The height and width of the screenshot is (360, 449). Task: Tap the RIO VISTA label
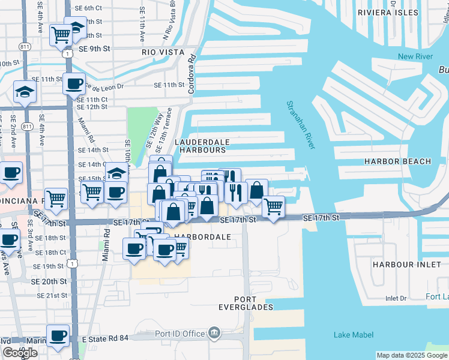pos(161,52)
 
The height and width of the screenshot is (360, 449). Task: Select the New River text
pos(415,56)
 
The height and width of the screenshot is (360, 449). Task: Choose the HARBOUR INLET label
pos(402,264)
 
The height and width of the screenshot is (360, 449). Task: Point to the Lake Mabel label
pos(352,335)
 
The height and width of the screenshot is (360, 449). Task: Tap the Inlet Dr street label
pos(396,298)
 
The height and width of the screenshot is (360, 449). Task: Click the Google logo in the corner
pos(20,353)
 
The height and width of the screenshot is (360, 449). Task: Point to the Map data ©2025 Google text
pos(412,355)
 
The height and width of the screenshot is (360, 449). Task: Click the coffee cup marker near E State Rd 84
pos(58,335)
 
